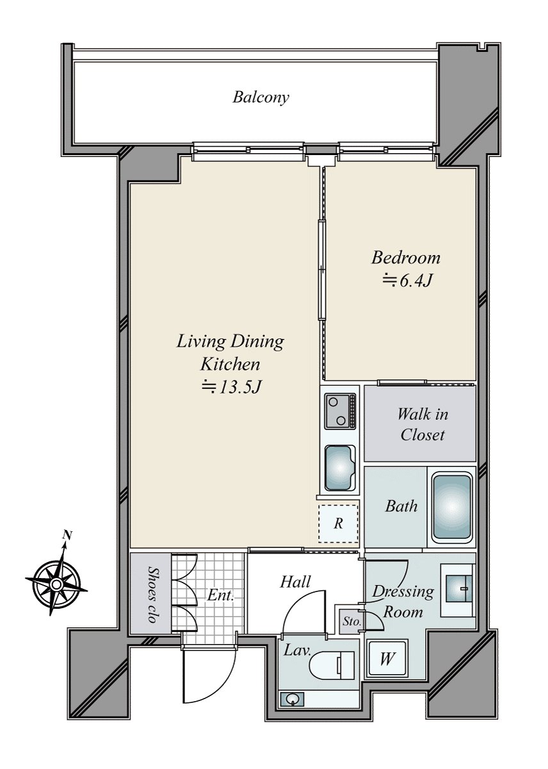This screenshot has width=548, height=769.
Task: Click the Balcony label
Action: (x=261, y=97)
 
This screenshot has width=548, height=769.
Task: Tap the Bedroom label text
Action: (x=406, y=258)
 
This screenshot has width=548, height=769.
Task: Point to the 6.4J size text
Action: (x=407, y=281)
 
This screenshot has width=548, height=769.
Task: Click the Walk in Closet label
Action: (x=423, y=425)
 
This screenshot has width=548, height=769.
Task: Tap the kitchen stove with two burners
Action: (x=340, y=411)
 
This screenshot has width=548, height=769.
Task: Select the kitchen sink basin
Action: (x=339, y=468)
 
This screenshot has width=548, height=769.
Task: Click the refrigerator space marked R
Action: (x=338, y=523)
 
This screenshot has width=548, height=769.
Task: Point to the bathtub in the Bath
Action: (x=451, y=507)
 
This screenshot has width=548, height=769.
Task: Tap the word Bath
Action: (x=401, y=506)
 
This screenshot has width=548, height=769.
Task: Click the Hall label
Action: (x=295, y=582)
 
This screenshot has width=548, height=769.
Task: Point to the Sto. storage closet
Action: (x=351, y=622)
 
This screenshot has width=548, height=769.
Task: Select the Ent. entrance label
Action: (x=220, y=595)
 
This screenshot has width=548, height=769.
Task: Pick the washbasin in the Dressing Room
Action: (x=458, y=588)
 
